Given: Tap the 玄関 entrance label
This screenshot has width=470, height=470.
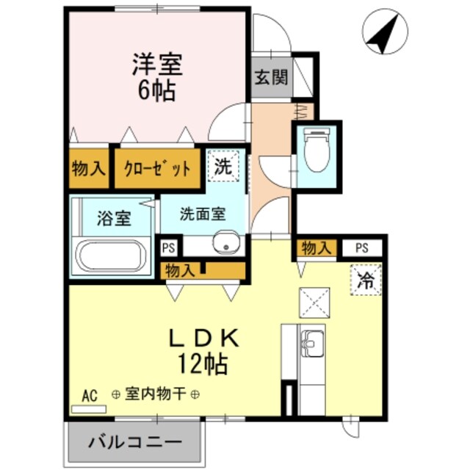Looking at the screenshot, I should click(x=271, y=76).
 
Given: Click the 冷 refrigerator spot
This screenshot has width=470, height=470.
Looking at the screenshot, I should click(x=365, y=278).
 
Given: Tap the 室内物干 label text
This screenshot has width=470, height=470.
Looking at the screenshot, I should click(x=155, y=394).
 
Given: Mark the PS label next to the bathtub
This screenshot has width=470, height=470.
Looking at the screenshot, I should click(x=169, y=248).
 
